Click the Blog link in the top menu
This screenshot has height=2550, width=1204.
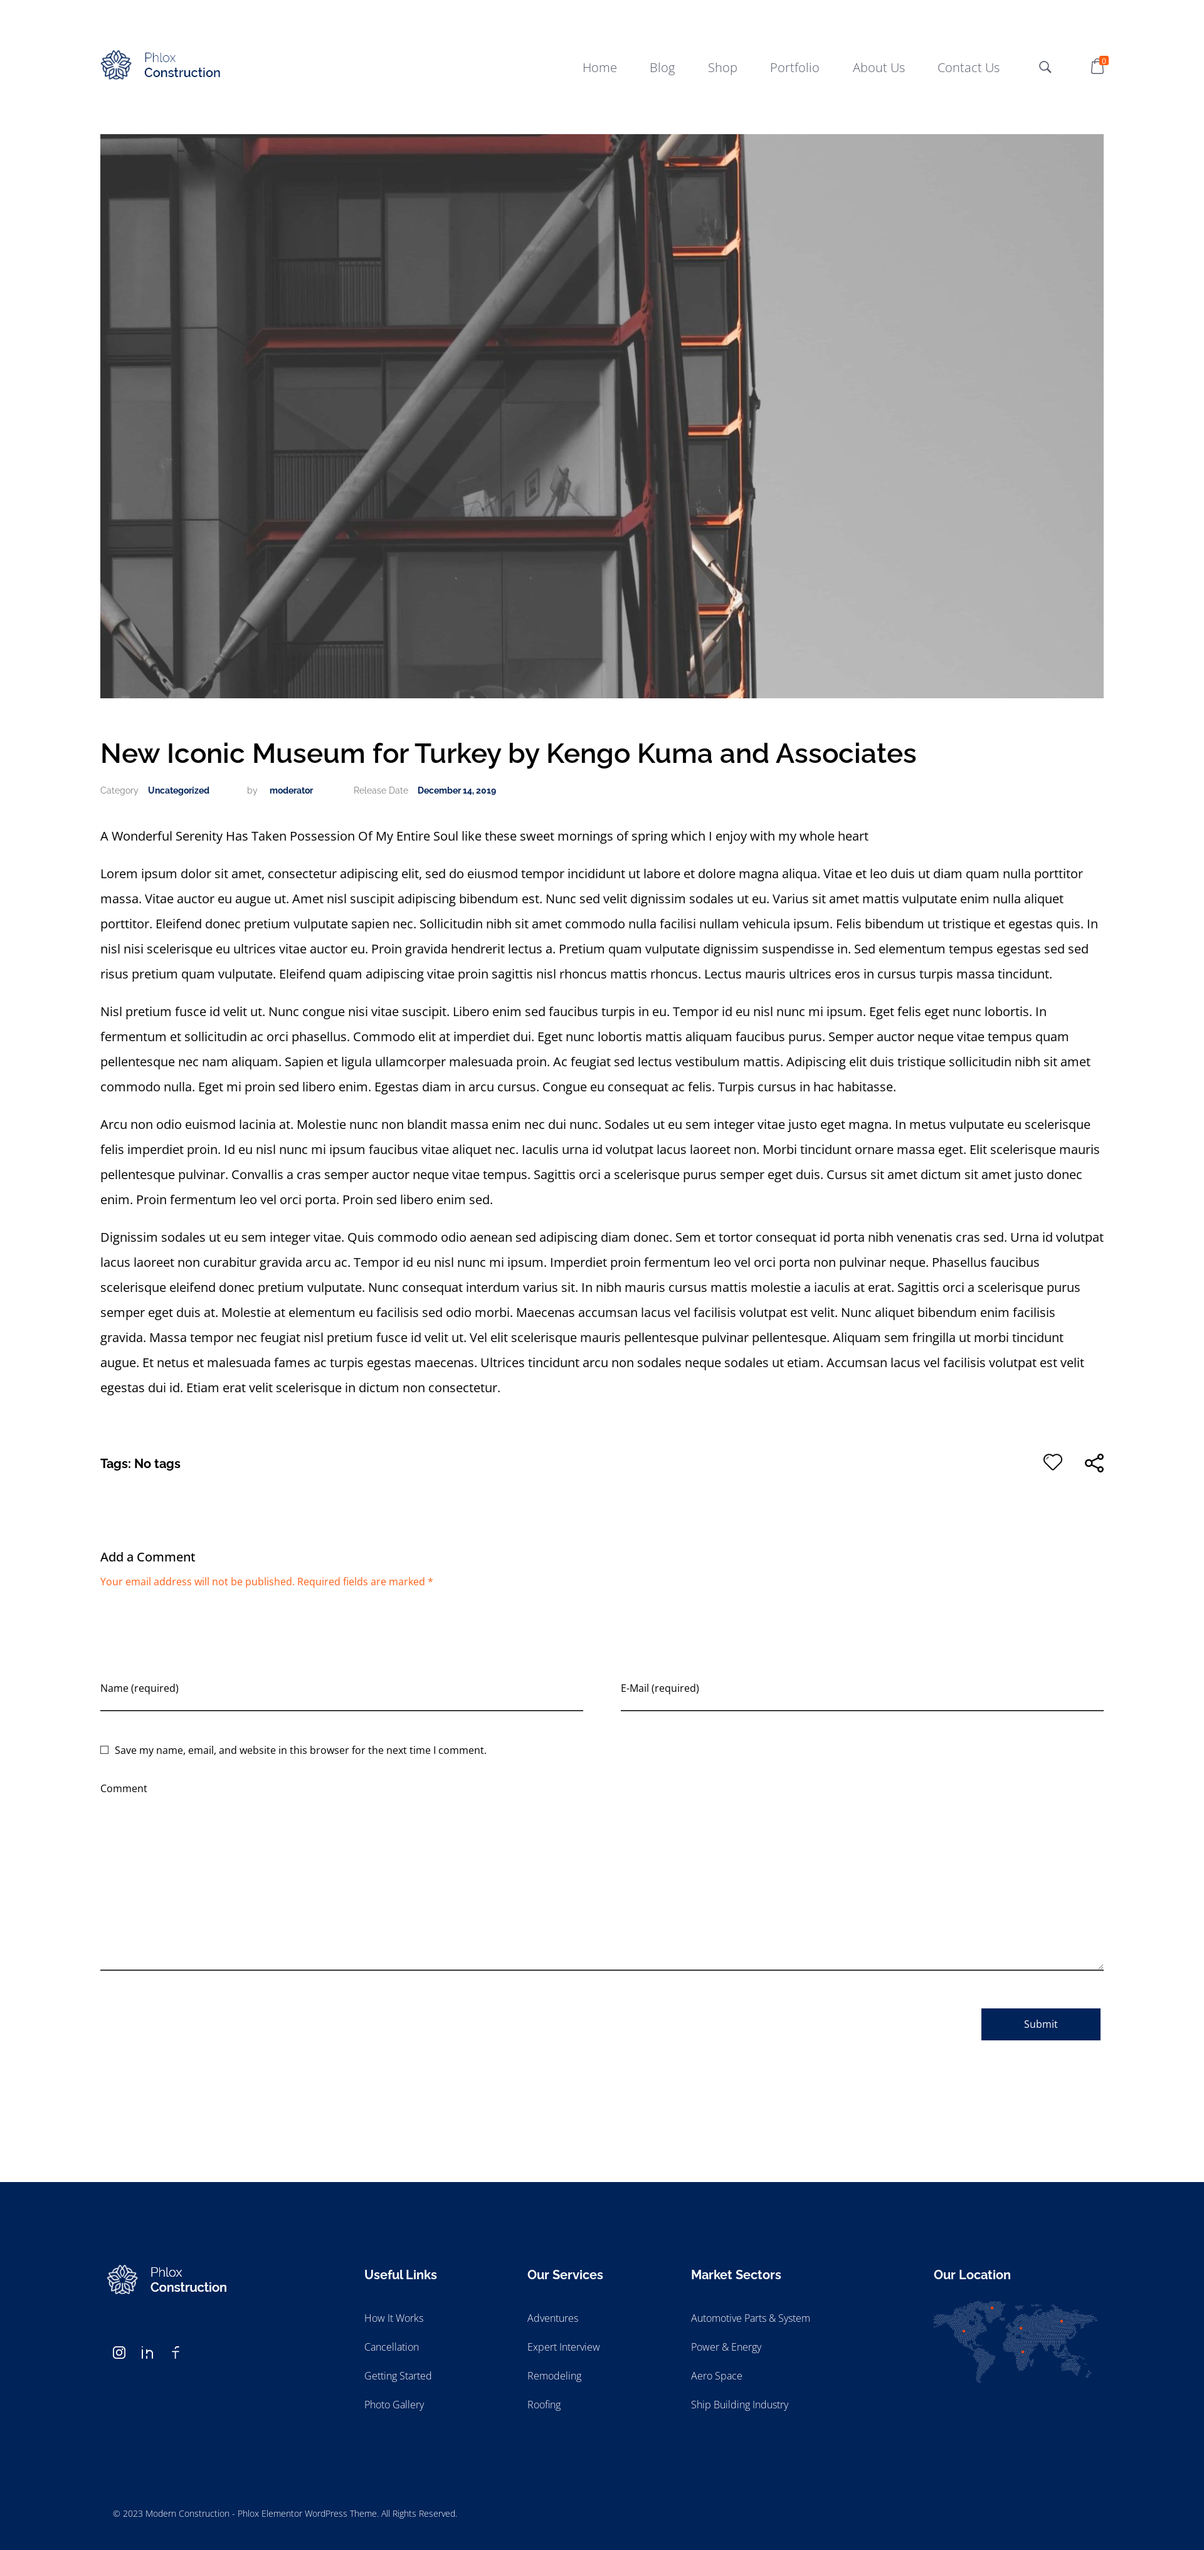[662, 67]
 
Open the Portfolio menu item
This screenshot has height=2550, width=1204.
[794, 67]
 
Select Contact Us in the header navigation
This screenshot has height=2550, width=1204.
[968, 67]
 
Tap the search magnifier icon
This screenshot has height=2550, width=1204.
[1045, 67]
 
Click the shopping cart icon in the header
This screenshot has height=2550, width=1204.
[1097, 66]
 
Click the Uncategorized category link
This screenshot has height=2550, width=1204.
[178, 790]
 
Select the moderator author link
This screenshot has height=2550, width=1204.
[291, 790]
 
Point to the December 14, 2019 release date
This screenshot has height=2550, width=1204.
[457, 790]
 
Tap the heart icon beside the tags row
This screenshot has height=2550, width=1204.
[1052, 1462]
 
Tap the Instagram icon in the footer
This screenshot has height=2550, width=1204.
[119, 2352]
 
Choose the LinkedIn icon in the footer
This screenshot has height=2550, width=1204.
[147, 2352]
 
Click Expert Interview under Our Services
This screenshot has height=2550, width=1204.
[563, 2347]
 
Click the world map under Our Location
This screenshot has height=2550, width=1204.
[1015, 2340]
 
